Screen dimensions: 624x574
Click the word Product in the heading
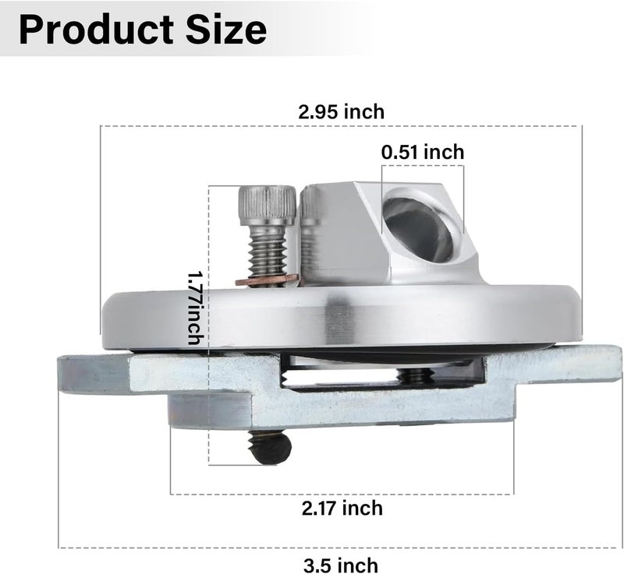[96, 30]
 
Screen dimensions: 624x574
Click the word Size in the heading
[225, 30]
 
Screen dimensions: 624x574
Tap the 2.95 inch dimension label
[342, 111]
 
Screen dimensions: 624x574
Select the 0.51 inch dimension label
[423, 152]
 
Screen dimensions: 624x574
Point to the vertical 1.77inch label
[196, 308]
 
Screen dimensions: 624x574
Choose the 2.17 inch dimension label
[342, 508]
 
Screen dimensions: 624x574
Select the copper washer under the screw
[267, 280]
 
